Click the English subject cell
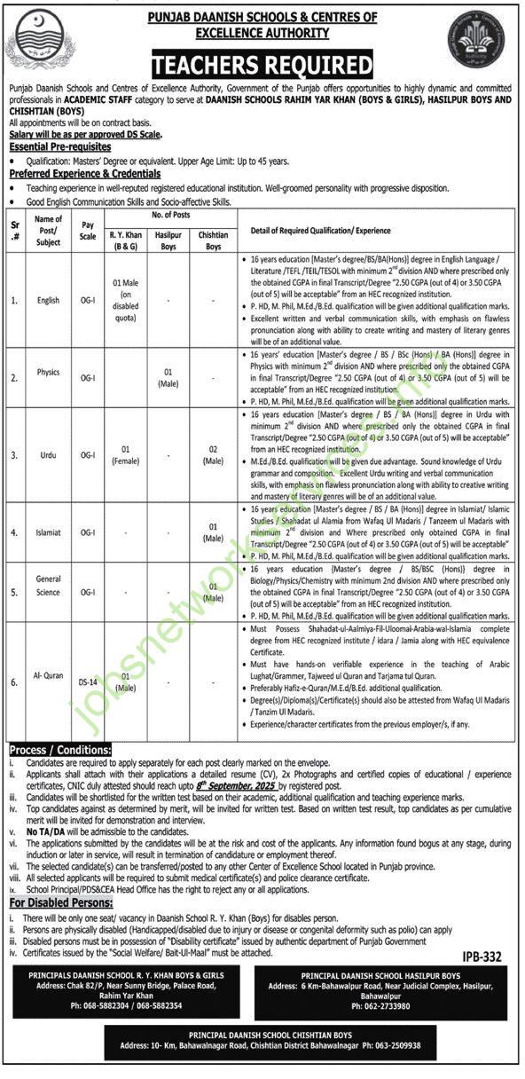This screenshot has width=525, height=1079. pos(49,300)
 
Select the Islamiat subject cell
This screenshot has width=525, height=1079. pos(49,532)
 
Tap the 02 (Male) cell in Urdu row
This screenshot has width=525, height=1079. pos(212,455)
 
